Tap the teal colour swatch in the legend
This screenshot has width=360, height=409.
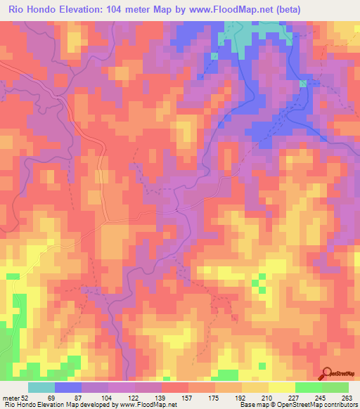pyautogui.click(x=41, y=387)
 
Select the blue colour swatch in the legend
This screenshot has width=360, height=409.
pyautogui.click(x=67, y=387)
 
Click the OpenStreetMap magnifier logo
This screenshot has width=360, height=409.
pyautogui.click(x=327, y=373)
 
